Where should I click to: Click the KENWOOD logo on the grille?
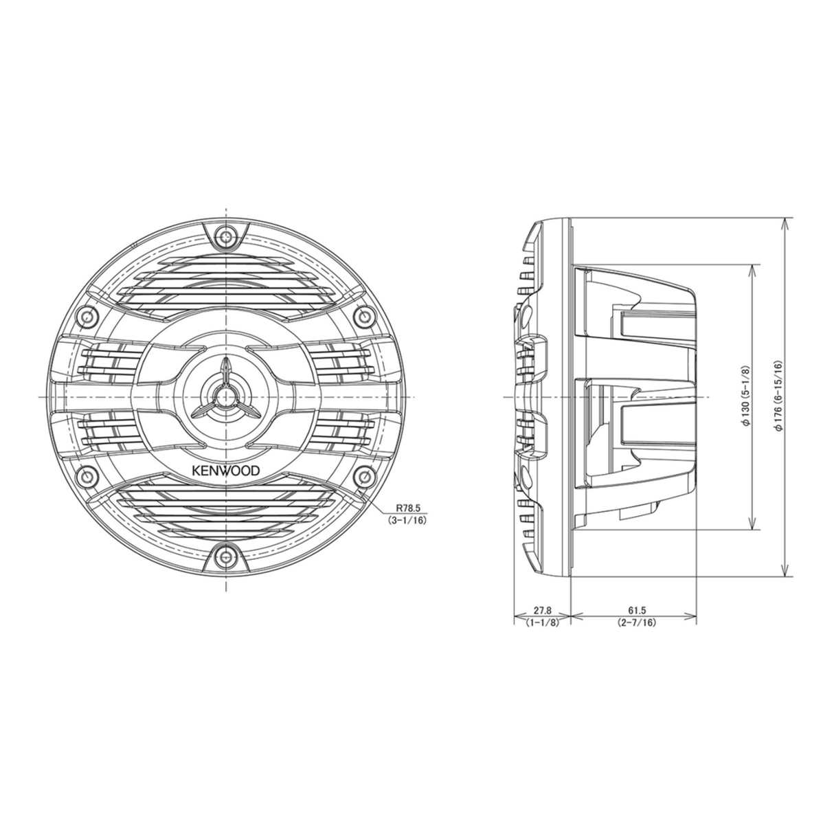point(225,471)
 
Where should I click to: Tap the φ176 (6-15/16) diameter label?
point(776,397)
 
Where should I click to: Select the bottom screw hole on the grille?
point(226,557)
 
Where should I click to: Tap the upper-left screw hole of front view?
point(87,316)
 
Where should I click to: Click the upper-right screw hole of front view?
point(365,316)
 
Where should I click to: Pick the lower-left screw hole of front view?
point(87,477)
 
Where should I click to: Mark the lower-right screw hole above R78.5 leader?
point(365,477)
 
